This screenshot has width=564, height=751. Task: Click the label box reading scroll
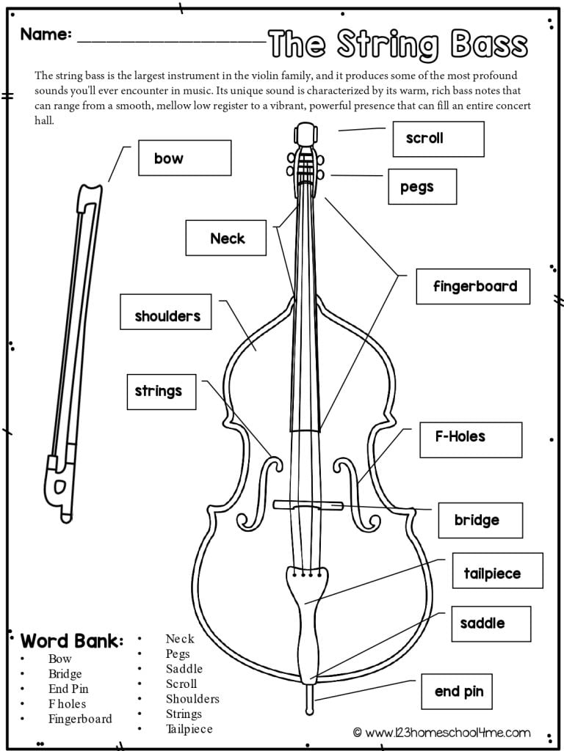click(x=438, y=139)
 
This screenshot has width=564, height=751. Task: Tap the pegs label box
click(x=422, y=186)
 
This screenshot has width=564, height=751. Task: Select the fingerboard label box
click(x=472, y=286)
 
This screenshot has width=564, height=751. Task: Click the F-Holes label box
click(x=470, y=439)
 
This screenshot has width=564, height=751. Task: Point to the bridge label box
click(x=480, y=520)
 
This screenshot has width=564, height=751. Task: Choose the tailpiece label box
click(x=497, y=571)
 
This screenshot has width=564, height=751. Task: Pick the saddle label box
click(x=490, y=624)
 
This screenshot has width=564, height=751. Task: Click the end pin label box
click(x=458, y=691)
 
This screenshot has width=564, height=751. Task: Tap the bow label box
click(x=184, y=158)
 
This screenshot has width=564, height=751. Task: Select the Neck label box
click(x=225, y=238)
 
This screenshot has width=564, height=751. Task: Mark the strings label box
click(x=161, y=391)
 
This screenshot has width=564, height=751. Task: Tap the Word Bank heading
click(x=72, y=641)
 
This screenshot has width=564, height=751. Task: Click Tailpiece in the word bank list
click(x=189, y=729)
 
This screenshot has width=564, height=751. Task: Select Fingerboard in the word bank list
click(x=80, y=719)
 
